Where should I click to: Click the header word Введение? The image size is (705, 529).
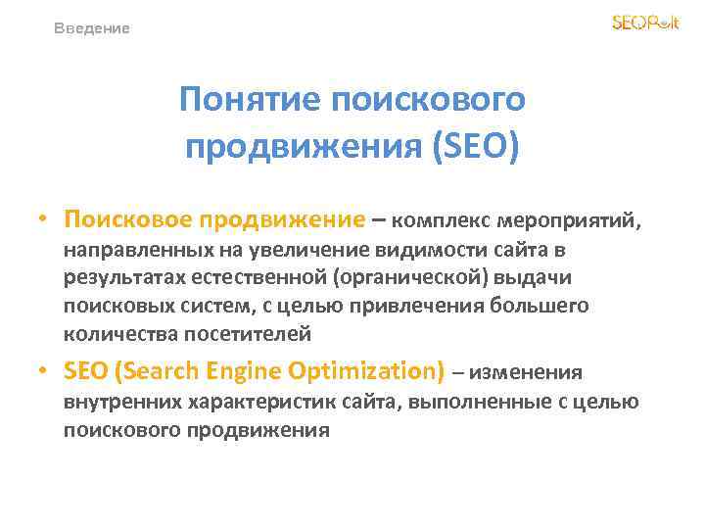pyautogui.click(x=91, y=28)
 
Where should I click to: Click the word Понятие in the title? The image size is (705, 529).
pyautogui.click(x=251, y=99)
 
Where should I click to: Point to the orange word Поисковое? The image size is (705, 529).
pyautogui.click(x=123, y=219)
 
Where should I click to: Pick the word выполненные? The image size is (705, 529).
pyautogui.click(x=470, y=402)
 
